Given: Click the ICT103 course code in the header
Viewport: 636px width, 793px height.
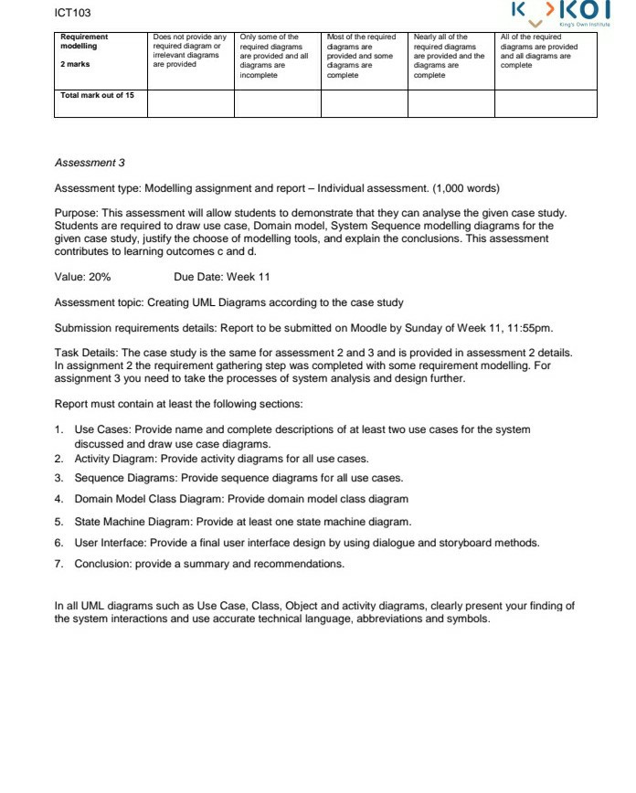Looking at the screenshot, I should point(73,13).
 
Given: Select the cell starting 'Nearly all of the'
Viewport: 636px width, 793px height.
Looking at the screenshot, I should point(448,56).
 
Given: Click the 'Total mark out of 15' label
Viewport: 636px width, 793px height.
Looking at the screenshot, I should point(97,95).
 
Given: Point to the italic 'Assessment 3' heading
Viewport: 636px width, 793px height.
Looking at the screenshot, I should point(90,163).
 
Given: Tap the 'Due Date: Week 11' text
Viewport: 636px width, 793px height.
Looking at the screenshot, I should point(221,277).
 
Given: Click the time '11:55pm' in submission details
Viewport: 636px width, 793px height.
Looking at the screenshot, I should point(531,327).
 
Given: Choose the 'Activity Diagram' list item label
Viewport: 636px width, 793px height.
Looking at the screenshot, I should point(118,459).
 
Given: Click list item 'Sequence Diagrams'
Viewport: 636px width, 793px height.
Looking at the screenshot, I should point(124,478).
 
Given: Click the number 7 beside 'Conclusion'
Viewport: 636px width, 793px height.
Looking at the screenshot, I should point(58,564).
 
